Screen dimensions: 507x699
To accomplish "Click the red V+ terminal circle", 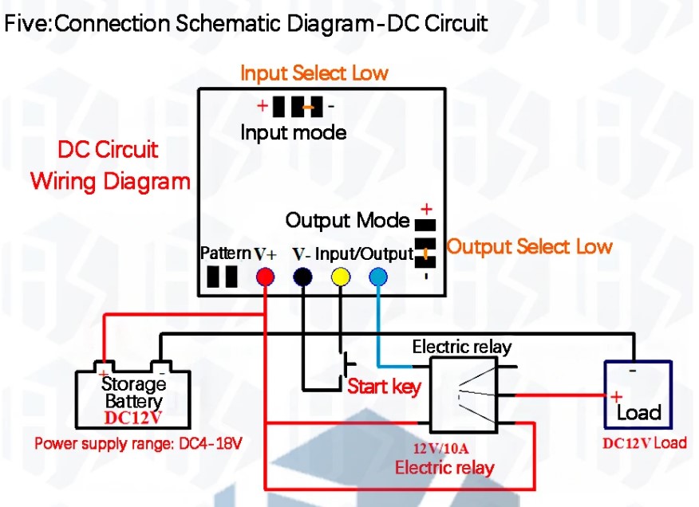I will point(265,277).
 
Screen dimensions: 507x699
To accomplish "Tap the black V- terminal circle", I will point(302,277).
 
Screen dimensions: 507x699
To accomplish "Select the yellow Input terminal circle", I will point(341,277).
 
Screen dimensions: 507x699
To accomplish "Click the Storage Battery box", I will point(132,399).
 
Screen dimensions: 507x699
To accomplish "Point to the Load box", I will point(638,397).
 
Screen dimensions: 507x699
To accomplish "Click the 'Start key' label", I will point(384,387).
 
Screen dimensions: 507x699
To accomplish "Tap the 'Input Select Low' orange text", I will point(314,73).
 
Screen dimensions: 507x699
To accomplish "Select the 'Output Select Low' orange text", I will point(529,246).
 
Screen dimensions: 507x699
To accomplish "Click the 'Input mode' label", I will point(294,132).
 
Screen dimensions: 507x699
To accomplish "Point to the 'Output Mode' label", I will point(347,220).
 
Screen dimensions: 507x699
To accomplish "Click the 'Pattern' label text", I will point(225,253).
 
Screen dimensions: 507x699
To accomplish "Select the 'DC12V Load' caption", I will point(644,443).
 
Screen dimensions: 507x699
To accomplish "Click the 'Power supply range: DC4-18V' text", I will point(137,443).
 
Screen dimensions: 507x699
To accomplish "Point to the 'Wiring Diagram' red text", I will point(110,181).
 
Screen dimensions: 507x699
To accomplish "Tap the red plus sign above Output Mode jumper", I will point(426,209).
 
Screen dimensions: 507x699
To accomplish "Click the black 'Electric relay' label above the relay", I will point(461,348).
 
